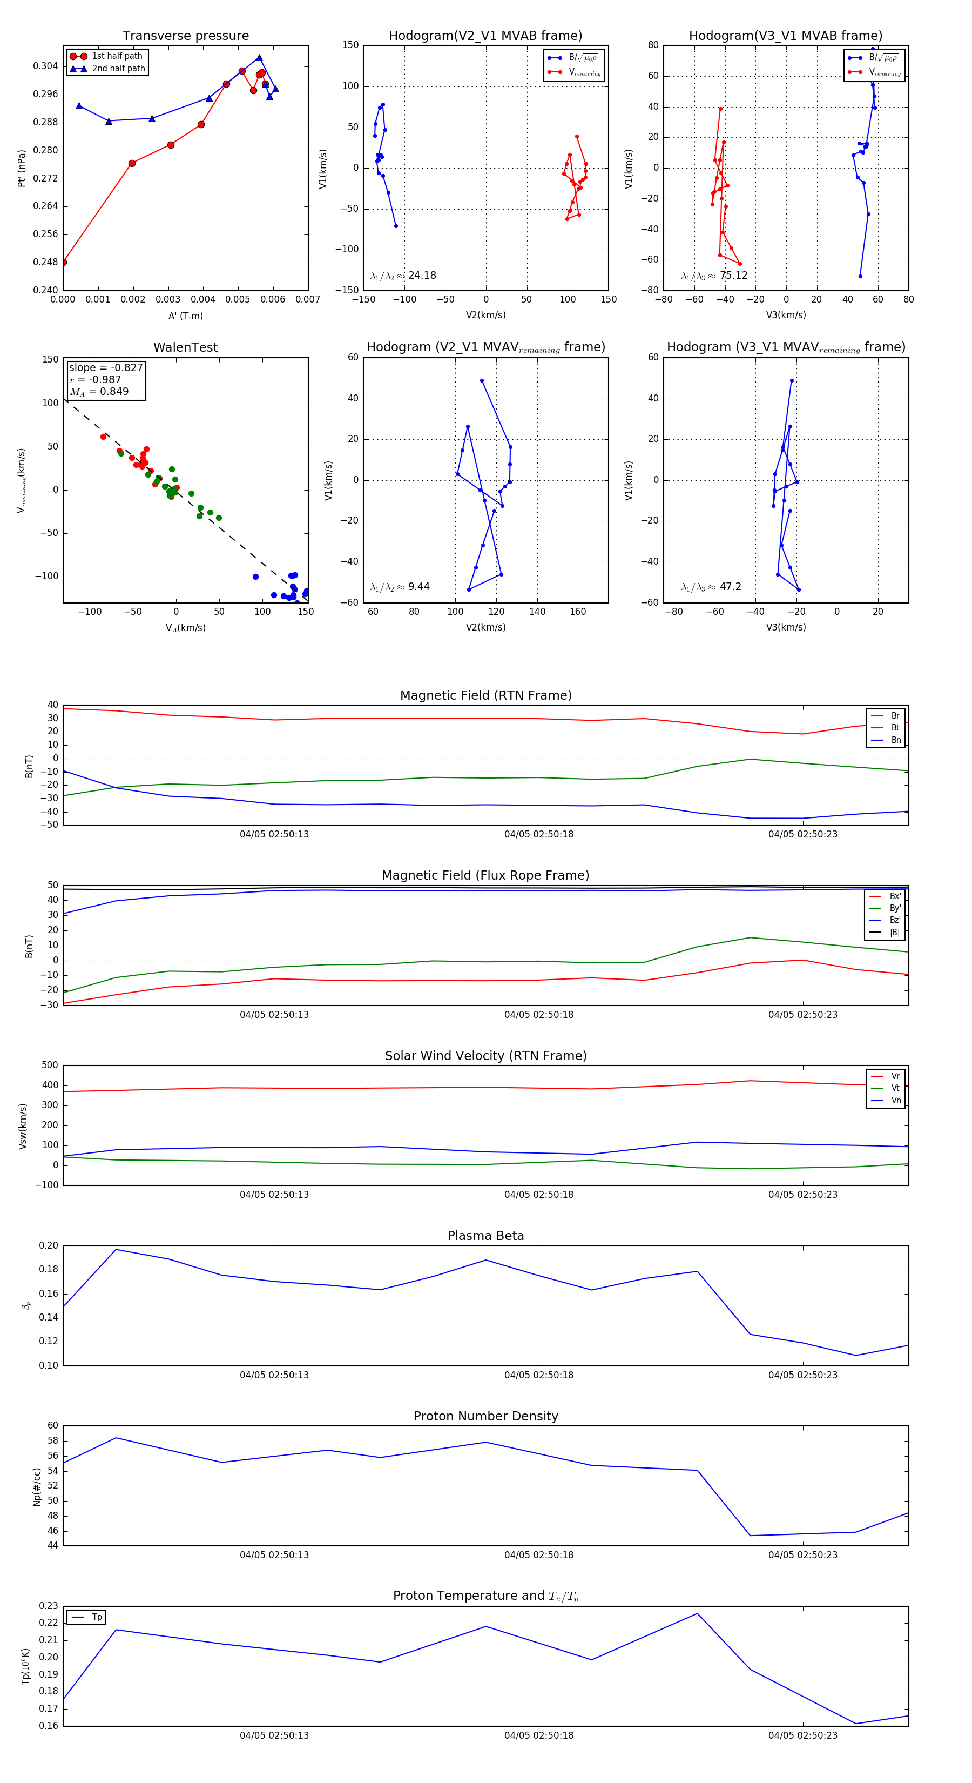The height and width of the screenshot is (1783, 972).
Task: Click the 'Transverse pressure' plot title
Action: pos(185,36)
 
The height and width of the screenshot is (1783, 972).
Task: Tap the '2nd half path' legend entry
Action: pos(118,69)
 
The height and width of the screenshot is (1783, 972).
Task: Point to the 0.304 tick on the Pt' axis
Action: pos(46,66)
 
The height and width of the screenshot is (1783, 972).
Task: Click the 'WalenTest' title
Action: pos(185,347)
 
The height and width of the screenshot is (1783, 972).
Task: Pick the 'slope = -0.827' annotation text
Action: pos(106,367)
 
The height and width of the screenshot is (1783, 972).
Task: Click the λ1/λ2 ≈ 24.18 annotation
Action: pos(403,276)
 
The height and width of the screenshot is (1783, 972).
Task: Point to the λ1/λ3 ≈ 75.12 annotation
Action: pos(714,276)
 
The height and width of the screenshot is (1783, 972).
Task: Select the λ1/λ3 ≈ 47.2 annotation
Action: pos(711,587)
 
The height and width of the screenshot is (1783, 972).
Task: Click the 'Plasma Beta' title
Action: pos(485,1236)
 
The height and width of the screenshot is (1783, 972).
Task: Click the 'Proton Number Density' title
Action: pos(485,1416)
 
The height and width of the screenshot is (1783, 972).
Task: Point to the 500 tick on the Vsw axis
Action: pos(50,1065)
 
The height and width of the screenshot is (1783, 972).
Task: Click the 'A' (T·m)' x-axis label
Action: pos(185,316)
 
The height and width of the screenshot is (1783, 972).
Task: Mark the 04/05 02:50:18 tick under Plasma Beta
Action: pos(538,1375)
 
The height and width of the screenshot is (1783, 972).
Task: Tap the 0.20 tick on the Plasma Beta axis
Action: pos(49,1246)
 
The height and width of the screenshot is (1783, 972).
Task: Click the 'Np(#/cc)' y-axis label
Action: pos(37,1487)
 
